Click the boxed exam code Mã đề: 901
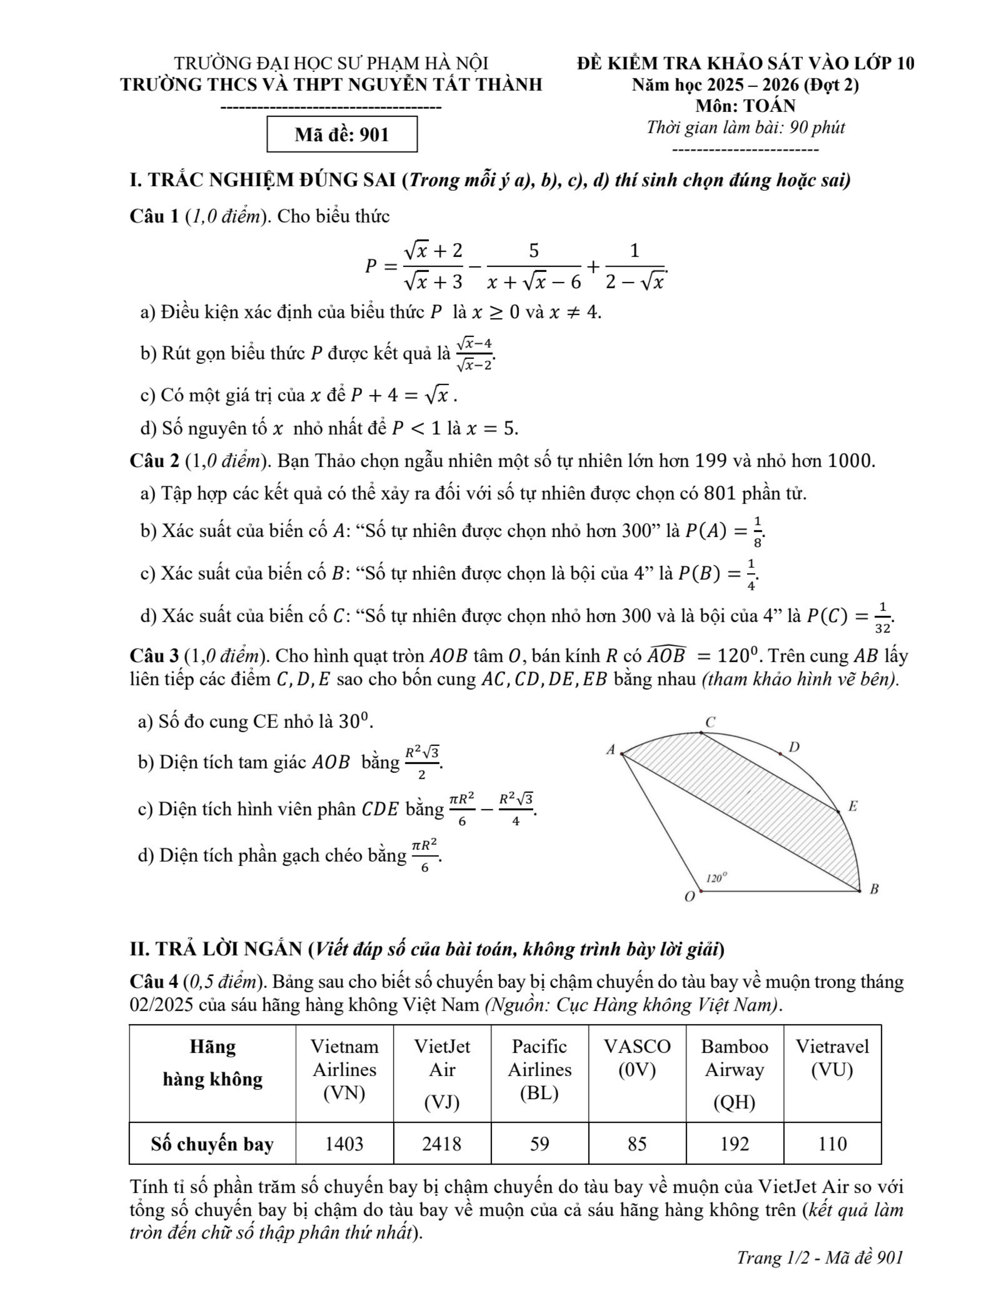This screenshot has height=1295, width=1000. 342,135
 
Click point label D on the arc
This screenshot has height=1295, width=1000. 795,747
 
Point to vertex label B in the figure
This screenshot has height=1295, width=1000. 874,889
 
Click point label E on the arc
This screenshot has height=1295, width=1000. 853,807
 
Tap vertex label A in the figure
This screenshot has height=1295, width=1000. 610,750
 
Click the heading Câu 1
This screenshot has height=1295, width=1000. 154,216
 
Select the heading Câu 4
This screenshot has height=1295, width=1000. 154,982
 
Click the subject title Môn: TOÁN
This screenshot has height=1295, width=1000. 745,106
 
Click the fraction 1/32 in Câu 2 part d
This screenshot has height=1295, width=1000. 882,617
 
